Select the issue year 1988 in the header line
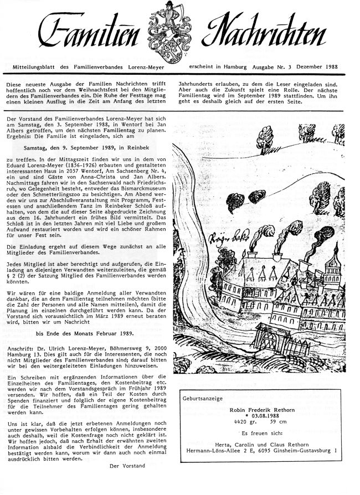coord(347,65)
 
